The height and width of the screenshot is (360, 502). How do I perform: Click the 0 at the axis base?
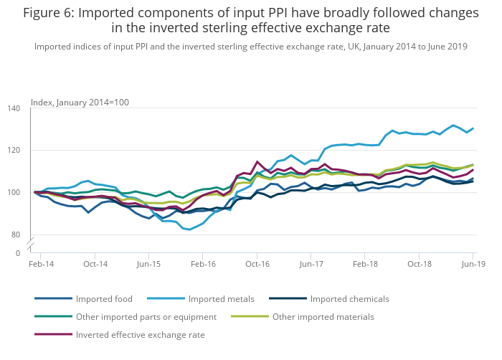pos(18,253)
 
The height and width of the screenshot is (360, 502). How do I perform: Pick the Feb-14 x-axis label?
pos(42,265)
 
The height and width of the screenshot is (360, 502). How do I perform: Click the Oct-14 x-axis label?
pos(95,265)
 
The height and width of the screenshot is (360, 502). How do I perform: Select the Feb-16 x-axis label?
pos(203,265)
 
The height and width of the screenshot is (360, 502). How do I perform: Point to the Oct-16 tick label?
pos(257,265)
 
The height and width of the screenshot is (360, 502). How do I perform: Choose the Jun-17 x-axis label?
pos(311,265)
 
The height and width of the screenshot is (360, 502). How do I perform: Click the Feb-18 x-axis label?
pos(365,265)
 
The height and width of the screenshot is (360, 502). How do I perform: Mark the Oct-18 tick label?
pos(419,265)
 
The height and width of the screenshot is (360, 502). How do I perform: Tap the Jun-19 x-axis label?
pos(472,265)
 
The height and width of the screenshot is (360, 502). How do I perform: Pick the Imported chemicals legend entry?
pos(349,298)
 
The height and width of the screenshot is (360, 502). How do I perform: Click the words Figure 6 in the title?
pos(49,13)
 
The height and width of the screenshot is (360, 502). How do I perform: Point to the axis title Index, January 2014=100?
pos(80,102)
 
